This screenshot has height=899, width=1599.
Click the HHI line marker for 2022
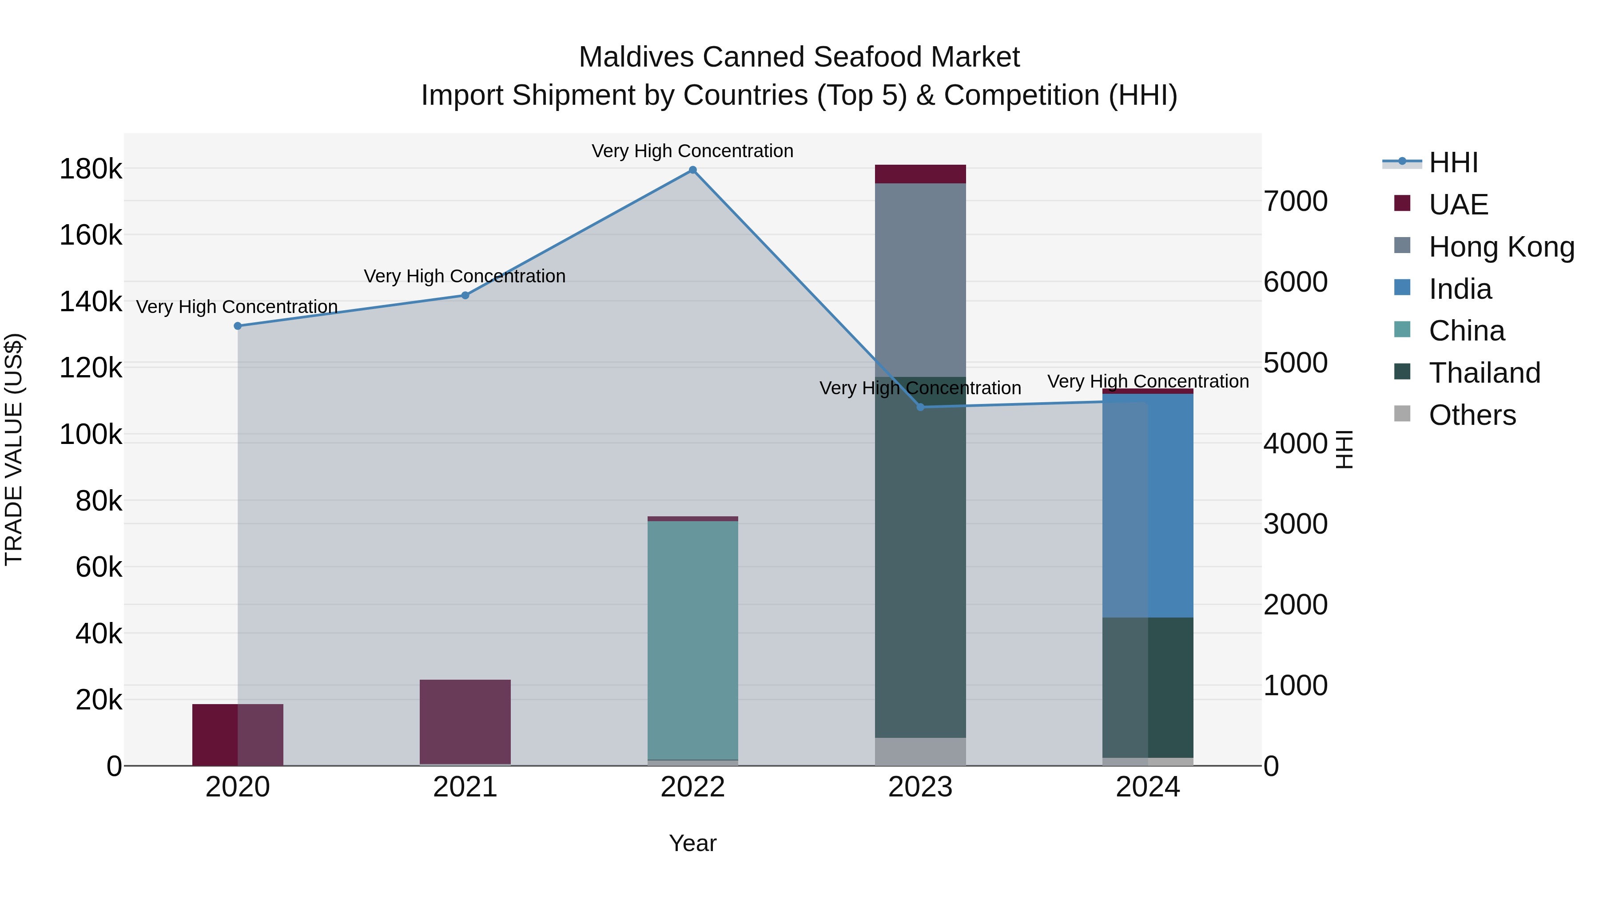tap(693, 170)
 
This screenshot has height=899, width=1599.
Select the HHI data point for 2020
tap(238, 326)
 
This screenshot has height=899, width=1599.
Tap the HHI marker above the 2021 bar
tap(465, 295)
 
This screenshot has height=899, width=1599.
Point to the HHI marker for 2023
tap(921, 407)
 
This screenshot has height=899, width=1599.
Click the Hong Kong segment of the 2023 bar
tap(921, 279)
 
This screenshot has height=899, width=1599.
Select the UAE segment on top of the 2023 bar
tap(921, 174)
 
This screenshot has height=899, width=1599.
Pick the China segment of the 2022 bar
tap(693, 639)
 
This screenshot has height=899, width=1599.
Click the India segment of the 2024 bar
tap(1148, 506)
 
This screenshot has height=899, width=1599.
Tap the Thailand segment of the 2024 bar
tap(1148, 687)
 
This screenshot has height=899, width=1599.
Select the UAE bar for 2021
tap(465, 721)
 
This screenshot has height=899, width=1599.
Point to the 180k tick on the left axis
tap(91, 169)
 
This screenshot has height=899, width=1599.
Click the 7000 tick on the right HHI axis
tap(1296, 201)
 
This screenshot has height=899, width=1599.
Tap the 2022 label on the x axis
tap(693, 787)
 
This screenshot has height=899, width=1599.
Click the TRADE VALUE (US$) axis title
tap(14, 449)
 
